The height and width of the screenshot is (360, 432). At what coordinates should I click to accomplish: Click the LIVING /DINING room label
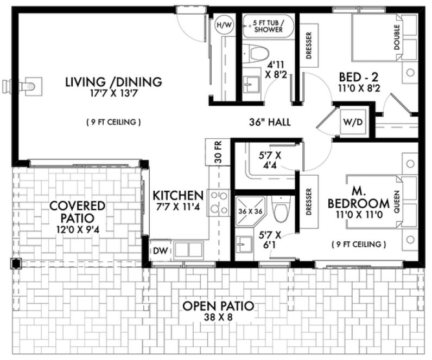point(113,82)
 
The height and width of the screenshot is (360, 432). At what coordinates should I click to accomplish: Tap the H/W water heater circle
point(223,25)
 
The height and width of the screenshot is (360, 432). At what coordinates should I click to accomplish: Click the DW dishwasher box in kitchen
point(159,250)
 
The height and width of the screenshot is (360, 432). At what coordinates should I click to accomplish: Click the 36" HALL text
point(269,122)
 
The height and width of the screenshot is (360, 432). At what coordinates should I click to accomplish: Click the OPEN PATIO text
point(218,306)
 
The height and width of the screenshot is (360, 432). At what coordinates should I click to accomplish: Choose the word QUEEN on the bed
point(397,203)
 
